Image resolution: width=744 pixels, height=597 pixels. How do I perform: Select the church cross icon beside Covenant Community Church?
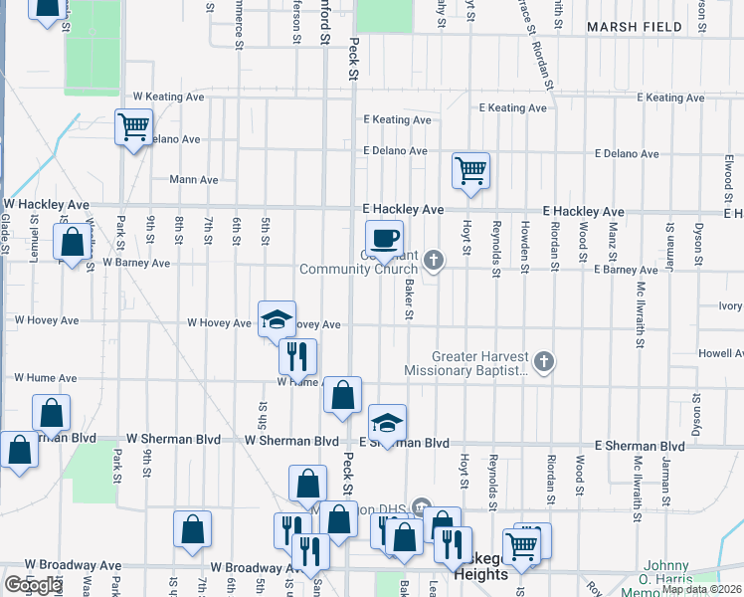pos(433,261)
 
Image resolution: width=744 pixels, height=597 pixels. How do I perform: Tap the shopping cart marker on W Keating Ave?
pos(132,127)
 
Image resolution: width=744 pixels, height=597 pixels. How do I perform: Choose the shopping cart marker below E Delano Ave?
pos(469,169)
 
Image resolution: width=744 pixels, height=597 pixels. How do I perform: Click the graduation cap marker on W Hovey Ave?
pos(278,319)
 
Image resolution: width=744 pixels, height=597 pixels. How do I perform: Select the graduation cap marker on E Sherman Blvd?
pos(388,424)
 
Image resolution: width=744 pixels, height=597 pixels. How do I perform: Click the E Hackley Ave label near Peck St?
pos(403,211)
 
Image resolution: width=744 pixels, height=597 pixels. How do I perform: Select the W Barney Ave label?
pos(136,264)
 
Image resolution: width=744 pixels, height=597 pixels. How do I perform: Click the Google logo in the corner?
pos(33,585)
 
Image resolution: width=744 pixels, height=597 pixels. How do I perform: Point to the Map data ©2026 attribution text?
pos(701,589)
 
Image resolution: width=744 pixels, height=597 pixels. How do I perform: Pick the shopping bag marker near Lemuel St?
pos(72,242)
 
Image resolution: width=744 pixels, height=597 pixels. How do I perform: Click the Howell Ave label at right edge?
pos(720,353)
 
